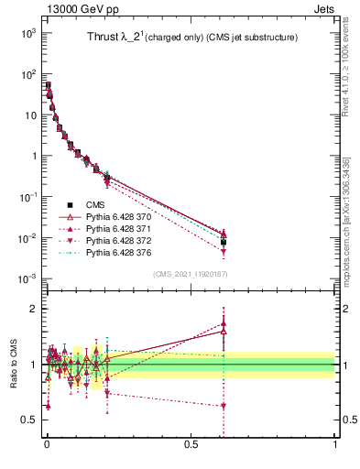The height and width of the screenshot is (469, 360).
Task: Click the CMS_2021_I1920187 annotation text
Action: pos(191,274)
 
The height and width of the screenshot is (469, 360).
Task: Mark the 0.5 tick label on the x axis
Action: pos(191,454)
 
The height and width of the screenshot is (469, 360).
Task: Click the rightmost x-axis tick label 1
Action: pos(334,454)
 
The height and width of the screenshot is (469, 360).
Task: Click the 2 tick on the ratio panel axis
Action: pos(35,309)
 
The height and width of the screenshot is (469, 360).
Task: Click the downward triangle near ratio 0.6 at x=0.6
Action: pos(224,406)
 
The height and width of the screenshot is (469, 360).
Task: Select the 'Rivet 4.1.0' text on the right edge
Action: pos(352,64)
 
